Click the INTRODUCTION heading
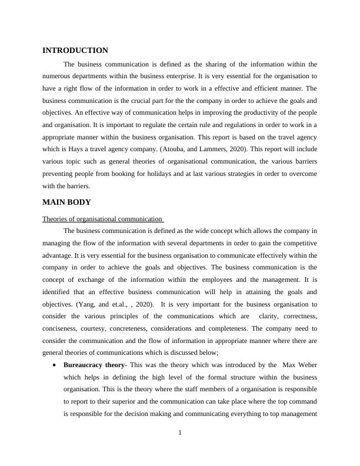(x=75, y=51)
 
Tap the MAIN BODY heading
(x=66, y=202)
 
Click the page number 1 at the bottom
(x=180, y=434)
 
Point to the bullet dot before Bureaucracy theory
(x=54, y=365)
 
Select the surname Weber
(x=306, y=365)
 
